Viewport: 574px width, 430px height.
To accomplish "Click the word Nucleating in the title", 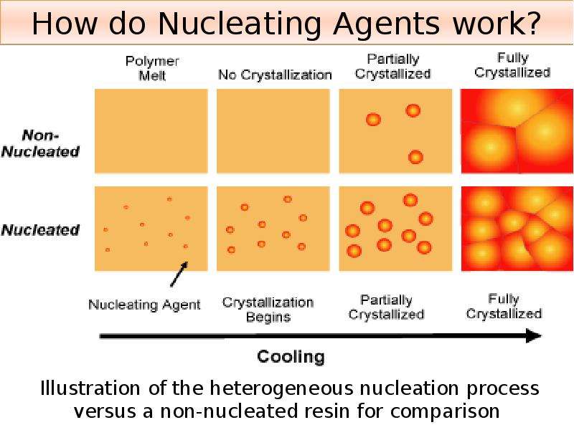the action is (x=241, y=24).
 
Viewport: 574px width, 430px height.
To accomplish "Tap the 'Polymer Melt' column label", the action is (x=152, y=68).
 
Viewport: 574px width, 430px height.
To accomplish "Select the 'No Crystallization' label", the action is (x=275, y=75).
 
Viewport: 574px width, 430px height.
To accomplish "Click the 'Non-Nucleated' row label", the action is (x=40, y=143).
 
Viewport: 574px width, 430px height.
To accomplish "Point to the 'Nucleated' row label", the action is (x=40, y=230).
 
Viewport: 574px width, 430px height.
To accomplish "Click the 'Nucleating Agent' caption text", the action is (x=145, y=305).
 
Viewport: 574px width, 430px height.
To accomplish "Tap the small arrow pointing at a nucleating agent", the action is (x=179, y=274).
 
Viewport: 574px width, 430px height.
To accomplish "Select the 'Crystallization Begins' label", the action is (x=268, y=310).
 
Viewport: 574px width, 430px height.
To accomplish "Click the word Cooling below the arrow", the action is (x=291, y=356).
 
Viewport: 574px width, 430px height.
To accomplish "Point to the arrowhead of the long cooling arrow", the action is (x=534, y=335).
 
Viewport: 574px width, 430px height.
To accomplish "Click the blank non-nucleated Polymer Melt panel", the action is (x=151, y=131).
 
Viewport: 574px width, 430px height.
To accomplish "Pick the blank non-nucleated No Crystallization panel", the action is (x=273, y=131).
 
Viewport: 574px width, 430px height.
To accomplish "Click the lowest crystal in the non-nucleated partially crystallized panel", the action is (x=415, y=157).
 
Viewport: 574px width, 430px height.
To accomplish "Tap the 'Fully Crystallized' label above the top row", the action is (x=512, y=65).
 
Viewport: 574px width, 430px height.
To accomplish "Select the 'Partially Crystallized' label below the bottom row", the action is (x=387, y=307).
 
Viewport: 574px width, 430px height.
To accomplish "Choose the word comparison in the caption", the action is (x=445, y=411).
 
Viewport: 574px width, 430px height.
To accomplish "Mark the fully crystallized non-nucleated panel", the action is (x=517, y=131).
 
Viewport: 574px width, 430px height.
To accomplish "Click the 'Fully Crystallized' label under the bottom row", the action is (x=504, y=307).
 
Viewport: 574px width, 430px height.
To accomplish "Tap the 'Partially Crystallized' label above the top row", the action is (x=392, y=67).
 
